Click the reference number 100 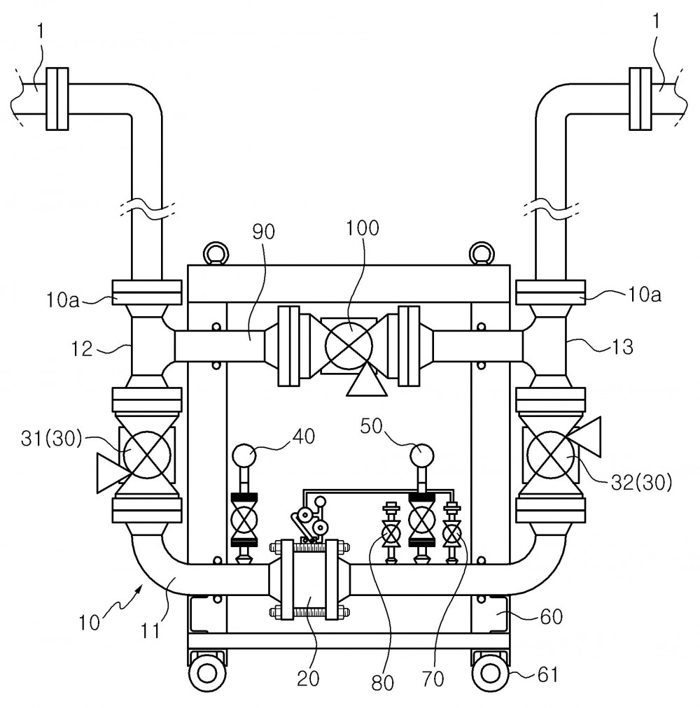tap(363, 228)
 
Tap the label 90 tap(263, 232)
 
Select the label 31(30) tap(52, 439)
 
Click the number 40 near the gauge tap(304, 436)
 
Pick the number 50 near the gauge tap(372, 426)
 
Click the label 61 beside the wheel tap(547, 675)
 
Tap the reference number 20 tap(308, 678)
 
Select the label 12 tap(82, 348)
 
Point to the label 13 tap(623, 347)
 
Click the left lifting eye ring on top tap(216, 253)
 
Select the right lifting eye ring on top tap(482, 253)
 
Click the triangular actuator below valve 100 tap(367, 381)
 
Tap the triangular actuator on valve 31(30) tap(111, 473)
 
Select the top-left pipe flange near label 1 tap(57, 99)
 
